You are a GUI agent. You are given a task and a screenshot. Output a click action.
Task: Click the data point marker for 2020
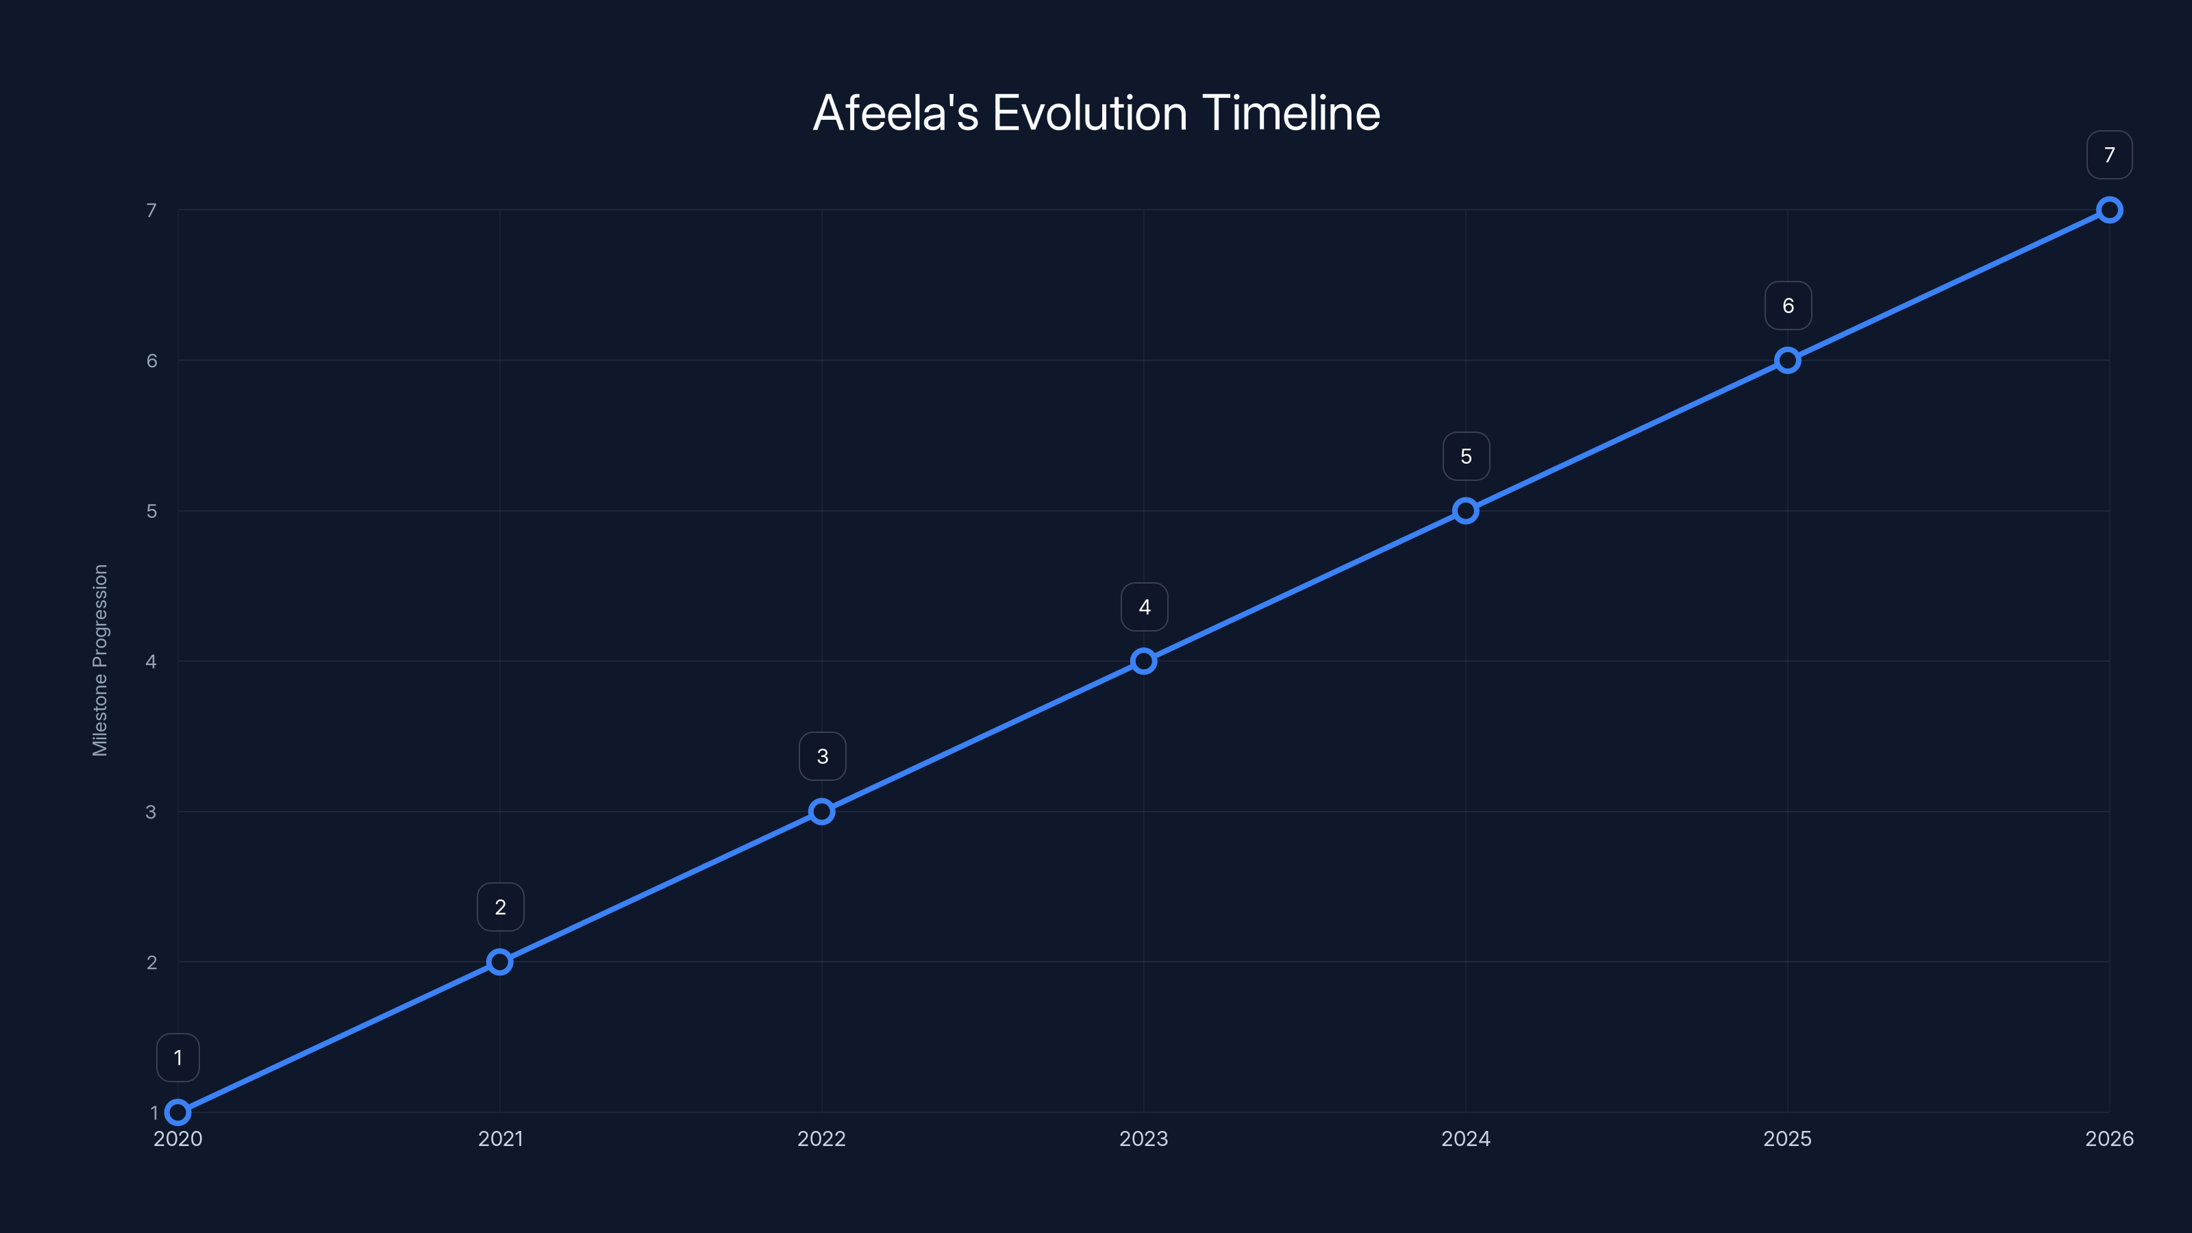click(x=178, y=1112)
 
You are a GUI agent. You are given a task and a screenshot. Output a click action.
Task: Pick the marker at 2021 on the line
click(x=499, y=962)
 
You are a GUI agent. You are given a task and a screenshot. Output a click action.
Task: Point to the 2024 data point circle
click(x=1465, y=510)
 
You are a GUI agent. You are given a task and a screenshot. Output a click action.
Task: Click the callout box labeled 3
click(x=822, y=756)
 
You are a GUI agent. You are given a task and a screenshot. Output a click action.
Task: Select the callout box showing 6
click(x=1788, y=306)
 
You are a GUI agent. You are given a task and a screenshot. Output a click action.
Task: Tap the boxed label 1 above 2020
click(x=178, y=1058)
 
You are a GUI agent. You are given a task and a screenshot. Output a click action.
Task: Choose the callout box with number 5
click(x=1466, y=456)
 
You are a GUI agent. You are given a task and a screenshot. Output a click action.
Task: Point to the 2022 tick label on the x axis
click(x=821, y=1138)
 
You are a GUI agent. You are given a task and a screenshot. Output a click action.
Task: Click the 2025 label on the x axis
click(x=1787, y=1138)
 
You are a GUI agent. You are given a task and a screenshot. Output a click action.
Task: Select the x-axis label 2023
click(x=1143, y=1138)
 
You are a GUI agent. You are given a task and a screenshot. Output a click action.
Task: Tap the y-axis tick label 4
click(x=151, y=662)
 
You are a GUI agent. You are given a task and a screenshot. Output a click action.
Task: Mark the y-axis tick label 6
click(x=151, y=361)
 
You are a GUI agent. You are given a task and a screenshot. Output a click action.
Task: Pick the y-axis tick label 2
click(x=151, y=962)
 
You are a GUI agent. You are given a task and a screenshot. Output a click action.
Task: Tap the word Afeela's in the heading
click(x=895, y=113)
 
